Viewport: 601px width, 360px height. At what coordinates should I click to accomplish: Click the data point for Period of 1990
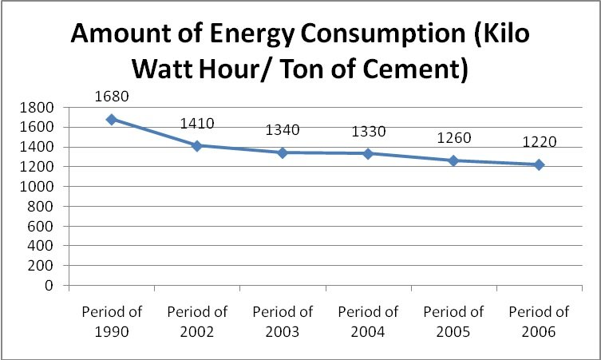point(112,120)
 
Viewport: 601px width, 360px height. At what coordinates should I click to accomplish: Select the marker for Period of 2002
point(197,146)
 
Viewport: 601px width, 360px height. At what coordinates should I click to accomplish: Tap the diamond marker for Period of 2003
point(283,152)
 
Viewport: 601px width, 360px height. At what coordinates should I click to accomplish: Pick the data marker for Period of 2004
point(368,153)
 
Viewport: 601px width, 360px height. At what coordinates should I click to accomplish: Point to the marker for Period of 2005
point(453,160)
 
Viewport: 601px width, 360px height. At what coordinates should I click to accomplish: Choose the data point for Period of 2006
point(539,164)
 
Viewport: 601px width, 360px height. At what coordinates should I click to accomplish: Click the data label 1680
point(112,97)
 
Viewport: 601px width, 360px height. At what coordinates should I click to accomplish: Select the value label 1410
point(197,124)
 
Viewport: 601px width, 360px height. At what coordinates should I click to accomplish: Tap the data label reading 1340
point(283,130)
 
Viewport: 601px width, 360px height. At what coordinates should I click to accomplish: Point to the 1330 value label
point(368,131)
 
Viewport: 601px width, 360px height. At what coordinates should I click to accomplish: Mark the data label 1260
point(453,138)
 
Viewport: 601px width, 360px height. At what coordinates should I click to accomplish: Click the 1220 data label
point(539,142)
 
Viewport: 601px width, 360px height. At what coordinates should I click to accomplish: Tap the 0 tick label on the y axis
point(49,286)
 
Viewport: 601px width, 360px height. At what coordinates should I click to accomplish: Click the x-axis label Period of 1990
point(112,320)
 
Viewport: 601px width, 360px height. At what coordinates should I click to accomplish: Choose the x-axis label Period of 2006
point(539,320)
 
